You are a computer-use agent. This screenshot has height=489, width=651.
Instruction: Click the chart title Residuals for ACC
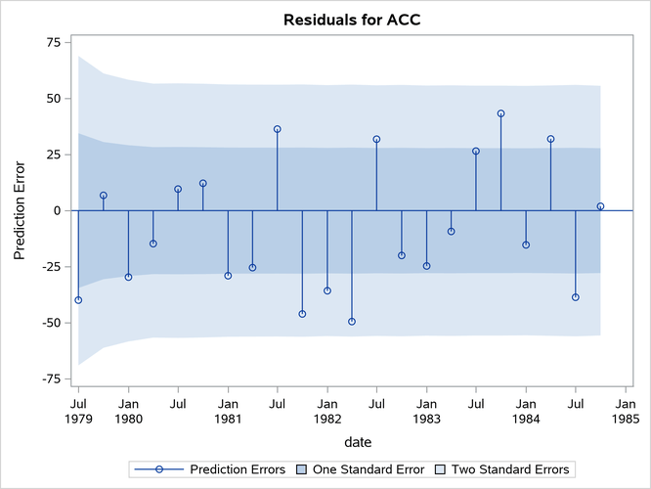tap(352, 20)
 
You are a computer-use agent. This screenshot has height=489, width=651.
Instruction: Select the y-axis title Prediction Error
tap(21, 210)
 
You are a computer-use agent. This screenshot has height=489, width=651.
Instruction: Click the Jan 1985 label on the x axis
tap(626, 410)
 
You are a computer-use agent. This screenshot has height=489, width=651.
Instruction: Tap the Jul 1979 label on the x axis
tap(78, 410)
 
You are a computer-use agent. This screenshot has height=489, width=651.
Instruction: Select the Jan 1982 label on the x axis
tap(327, 410)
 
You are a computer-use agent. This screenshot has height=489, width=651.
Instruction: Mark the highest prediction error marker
tap(500, 113)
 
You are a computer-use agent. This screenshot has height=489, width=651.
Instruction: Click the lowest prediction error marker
tap(352, 321)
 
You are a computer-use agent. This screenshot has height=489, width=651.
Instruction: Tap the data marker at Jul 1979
tap(78, 299)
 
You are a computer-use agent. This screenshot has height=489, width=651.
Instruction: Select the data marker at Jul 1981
tap(278, 129)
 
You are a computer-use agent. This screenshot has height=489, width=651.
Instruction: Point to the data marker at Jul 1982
tap(376, 139)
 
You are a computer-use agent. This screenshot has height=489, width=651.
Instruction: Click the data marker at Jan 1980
tap(128, 277)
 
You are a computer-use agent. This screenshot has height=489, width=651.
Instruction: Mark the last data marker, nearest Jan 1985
tap(600, 206)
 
